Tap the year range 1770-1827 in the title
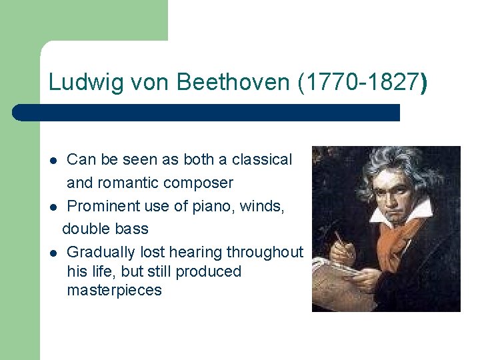coord(359,83)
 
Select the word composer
coord(199,183)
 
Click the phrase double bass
coord(105,229)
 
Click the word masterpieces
coord(114,291)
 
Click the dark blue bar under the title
coord(207,113)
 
